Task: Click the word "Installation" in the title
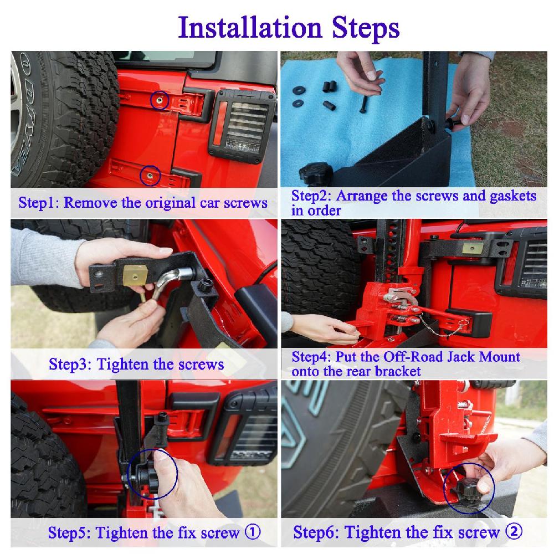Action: click(250, 28)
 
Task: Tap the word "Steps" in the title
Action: click(366, 28)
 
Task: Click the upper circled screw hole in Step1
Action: click(160, 100)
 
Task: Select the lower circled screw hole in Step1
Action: click(150, 175)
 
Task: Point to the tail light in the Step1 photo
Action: click(242, 124)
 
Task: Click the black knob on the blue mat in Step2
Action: click(316, 173)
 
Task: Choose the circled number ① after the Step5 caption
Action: click(253, 532)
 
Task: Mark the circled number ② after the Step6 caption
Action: click(514, 531)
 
